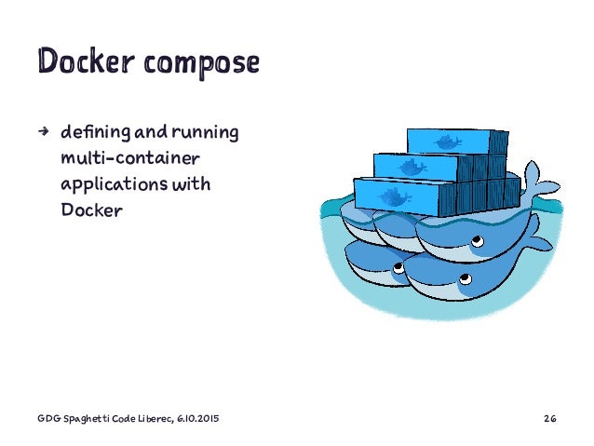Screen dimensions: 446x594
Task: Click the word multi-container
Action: [129, 159]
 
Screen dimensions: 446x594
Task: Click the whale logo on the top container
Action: [448, 142]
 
